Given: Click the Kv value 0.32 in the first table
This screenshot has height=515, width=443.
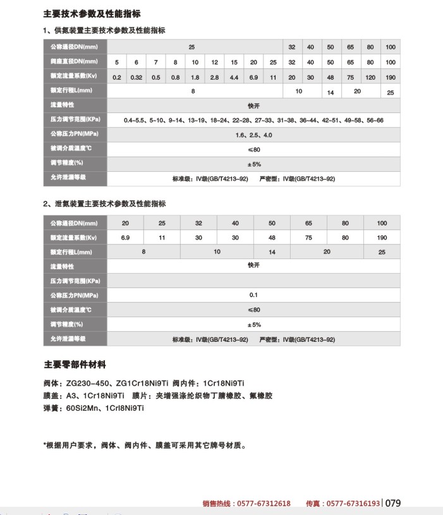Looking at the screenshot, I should [136, 76].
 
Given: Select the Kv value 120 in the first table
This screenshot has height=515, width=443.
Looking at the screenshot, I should [370, 76].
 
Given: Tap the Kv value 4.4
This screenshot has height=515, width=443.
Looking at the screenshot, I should [234, 76].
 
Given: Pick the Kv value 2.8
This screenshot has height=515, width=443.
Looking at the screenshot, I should [214, 76].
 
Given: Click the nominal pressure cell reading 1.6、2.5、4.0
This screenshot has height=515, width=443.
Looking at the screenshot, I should [253, 135].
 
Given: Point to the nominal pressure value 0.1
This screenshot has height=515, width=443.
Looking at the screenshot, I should [253, 295].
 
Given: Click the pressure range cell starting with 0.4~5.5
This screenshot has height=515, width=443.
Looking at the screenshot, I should [253, 120].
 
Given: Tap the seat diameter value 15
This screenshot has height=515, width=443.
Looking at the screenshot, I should [234, 62].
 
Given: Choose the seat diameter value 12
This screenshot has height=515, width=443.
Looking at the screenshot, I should [214, 62].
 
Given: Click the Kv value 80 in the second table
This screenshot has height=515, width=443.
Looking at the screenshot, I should [345, 238].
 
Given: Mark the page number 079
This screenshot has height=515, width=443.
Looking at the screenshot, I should [393, 504].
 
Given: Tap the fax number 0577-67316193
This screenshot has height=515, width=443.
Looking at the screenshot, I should [352, 504].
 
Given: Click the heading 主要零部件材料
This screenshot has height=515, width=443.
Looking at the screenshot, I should [75, 365].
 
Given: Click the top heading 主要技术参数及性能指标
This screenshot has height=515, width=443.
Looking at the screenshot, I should [92, 13].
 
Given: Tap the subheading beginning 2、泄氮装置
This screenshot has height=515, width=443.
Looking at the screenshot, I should [104, 204].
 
